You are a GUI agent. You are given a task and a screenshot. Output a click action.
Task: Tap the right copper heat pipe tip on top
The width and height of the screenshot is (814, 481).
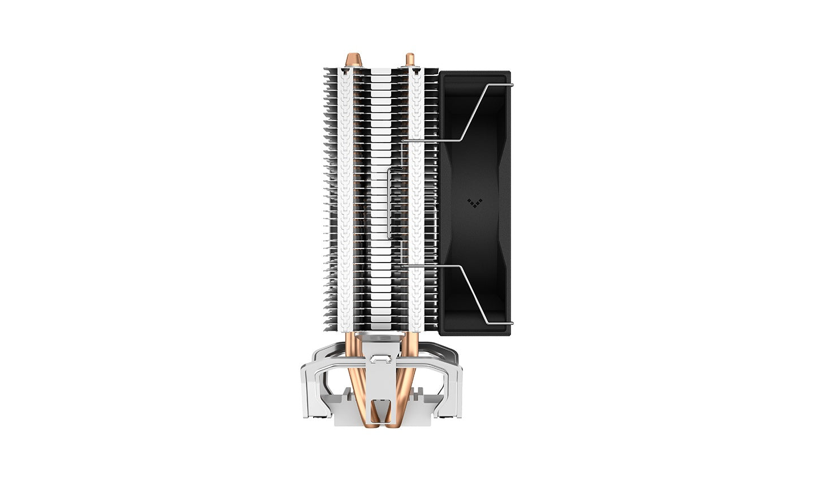[x=409, y=59]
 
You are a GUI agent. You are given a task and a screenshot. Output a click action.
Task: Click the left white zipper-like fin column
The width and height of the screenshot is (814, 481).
[x=345, y=198]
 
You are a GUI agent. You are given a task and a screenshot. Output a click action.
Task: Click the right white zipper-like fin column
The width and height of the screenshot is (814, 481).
[x=417, y=198]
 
